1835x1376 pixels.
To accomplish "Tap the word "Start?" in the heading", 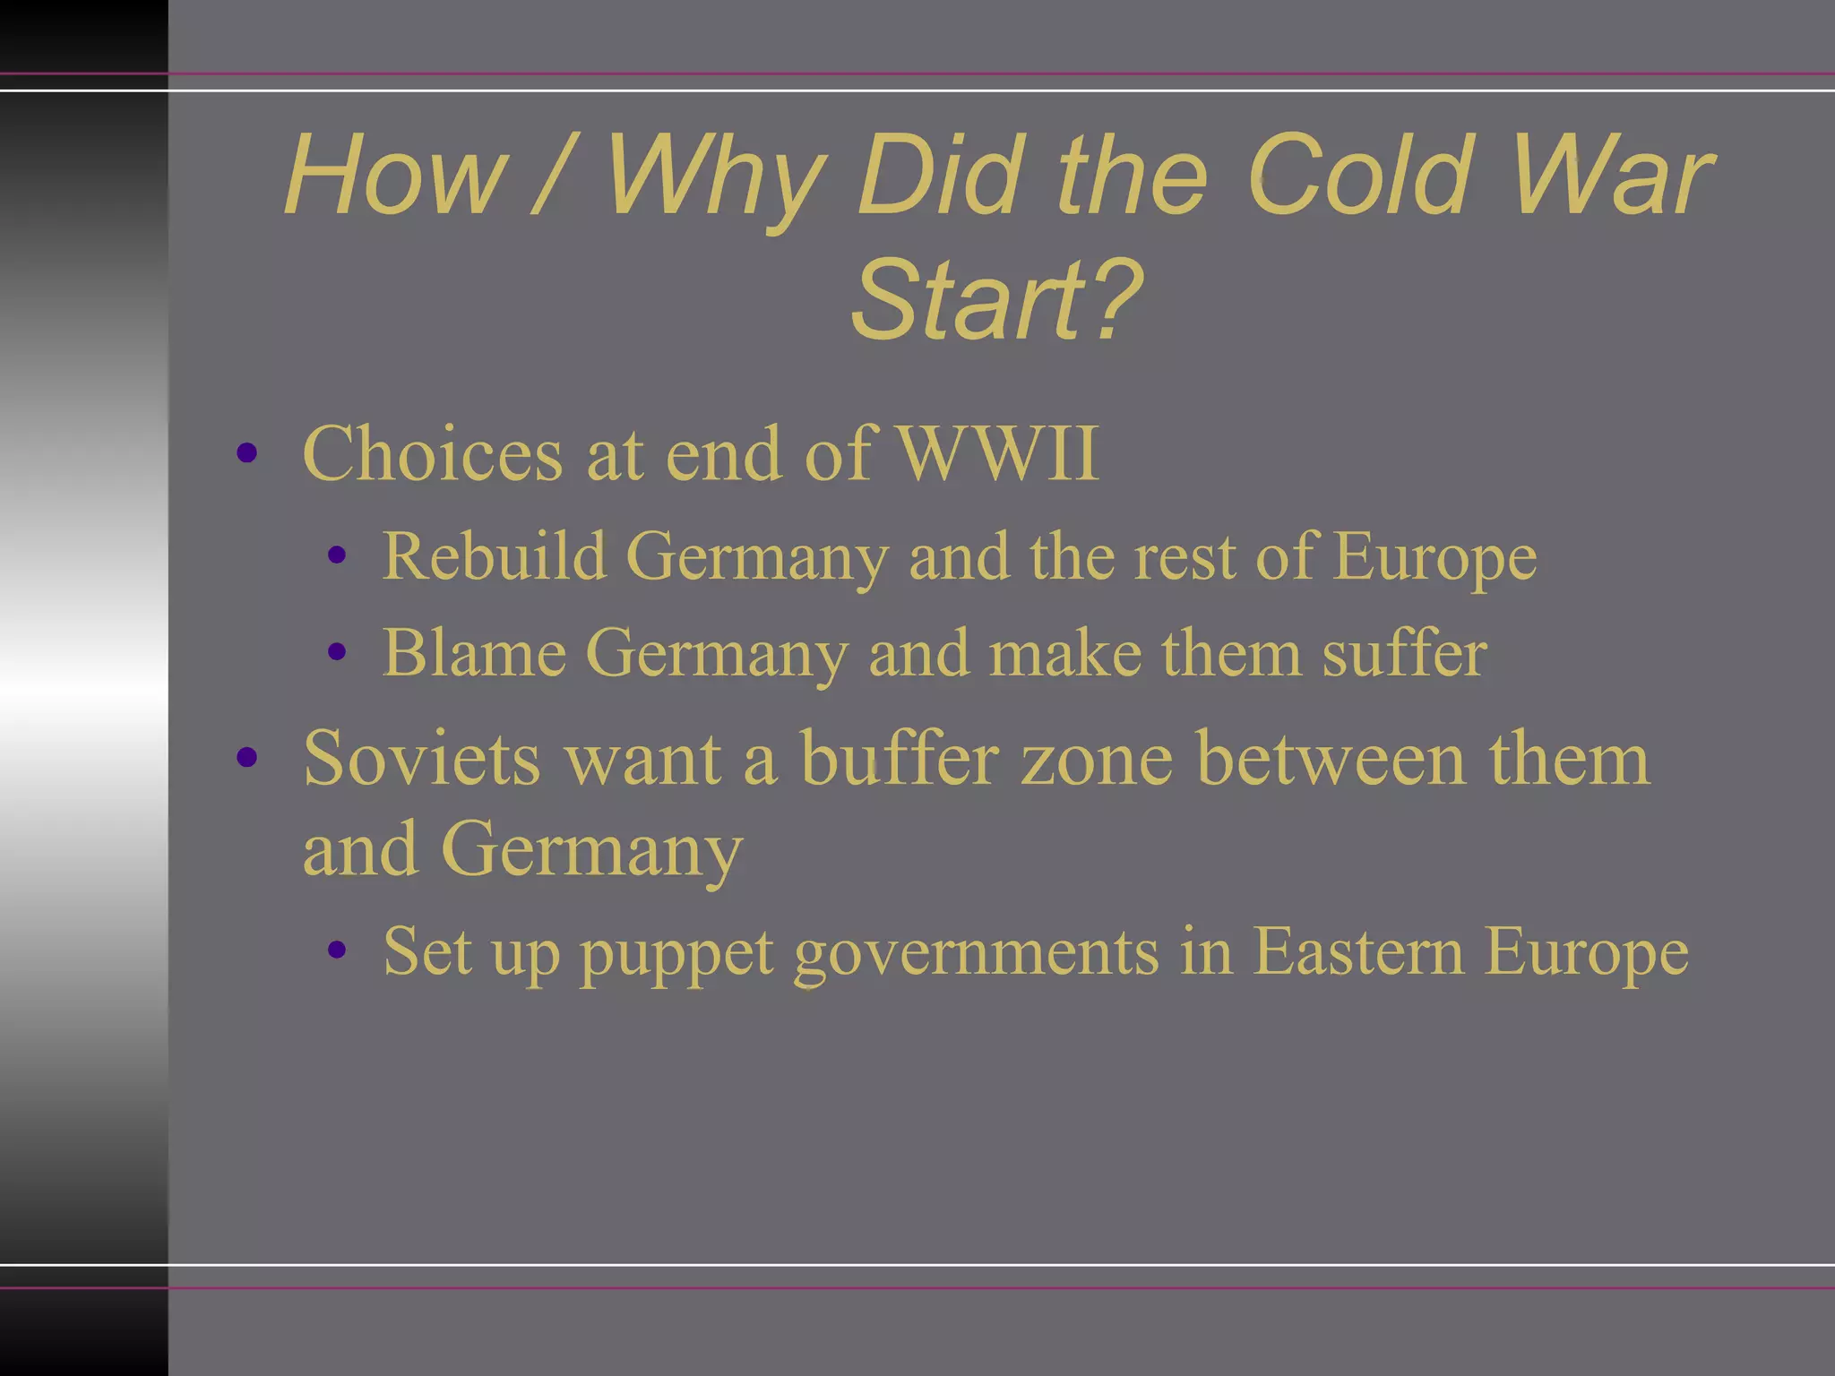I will coord(997,300).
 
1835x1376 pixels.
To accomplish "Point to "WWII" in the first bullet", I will coord(997,454).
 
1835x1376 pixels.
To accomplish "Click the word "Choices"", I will coord(433,454).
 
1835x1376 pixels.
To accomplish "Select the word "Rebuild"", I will coord(494,556).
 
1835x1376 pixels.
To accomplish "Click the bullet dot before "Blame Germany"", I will coord(337,652).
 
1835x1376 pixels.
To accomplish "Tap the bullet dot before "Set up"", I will coord(337,950).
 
